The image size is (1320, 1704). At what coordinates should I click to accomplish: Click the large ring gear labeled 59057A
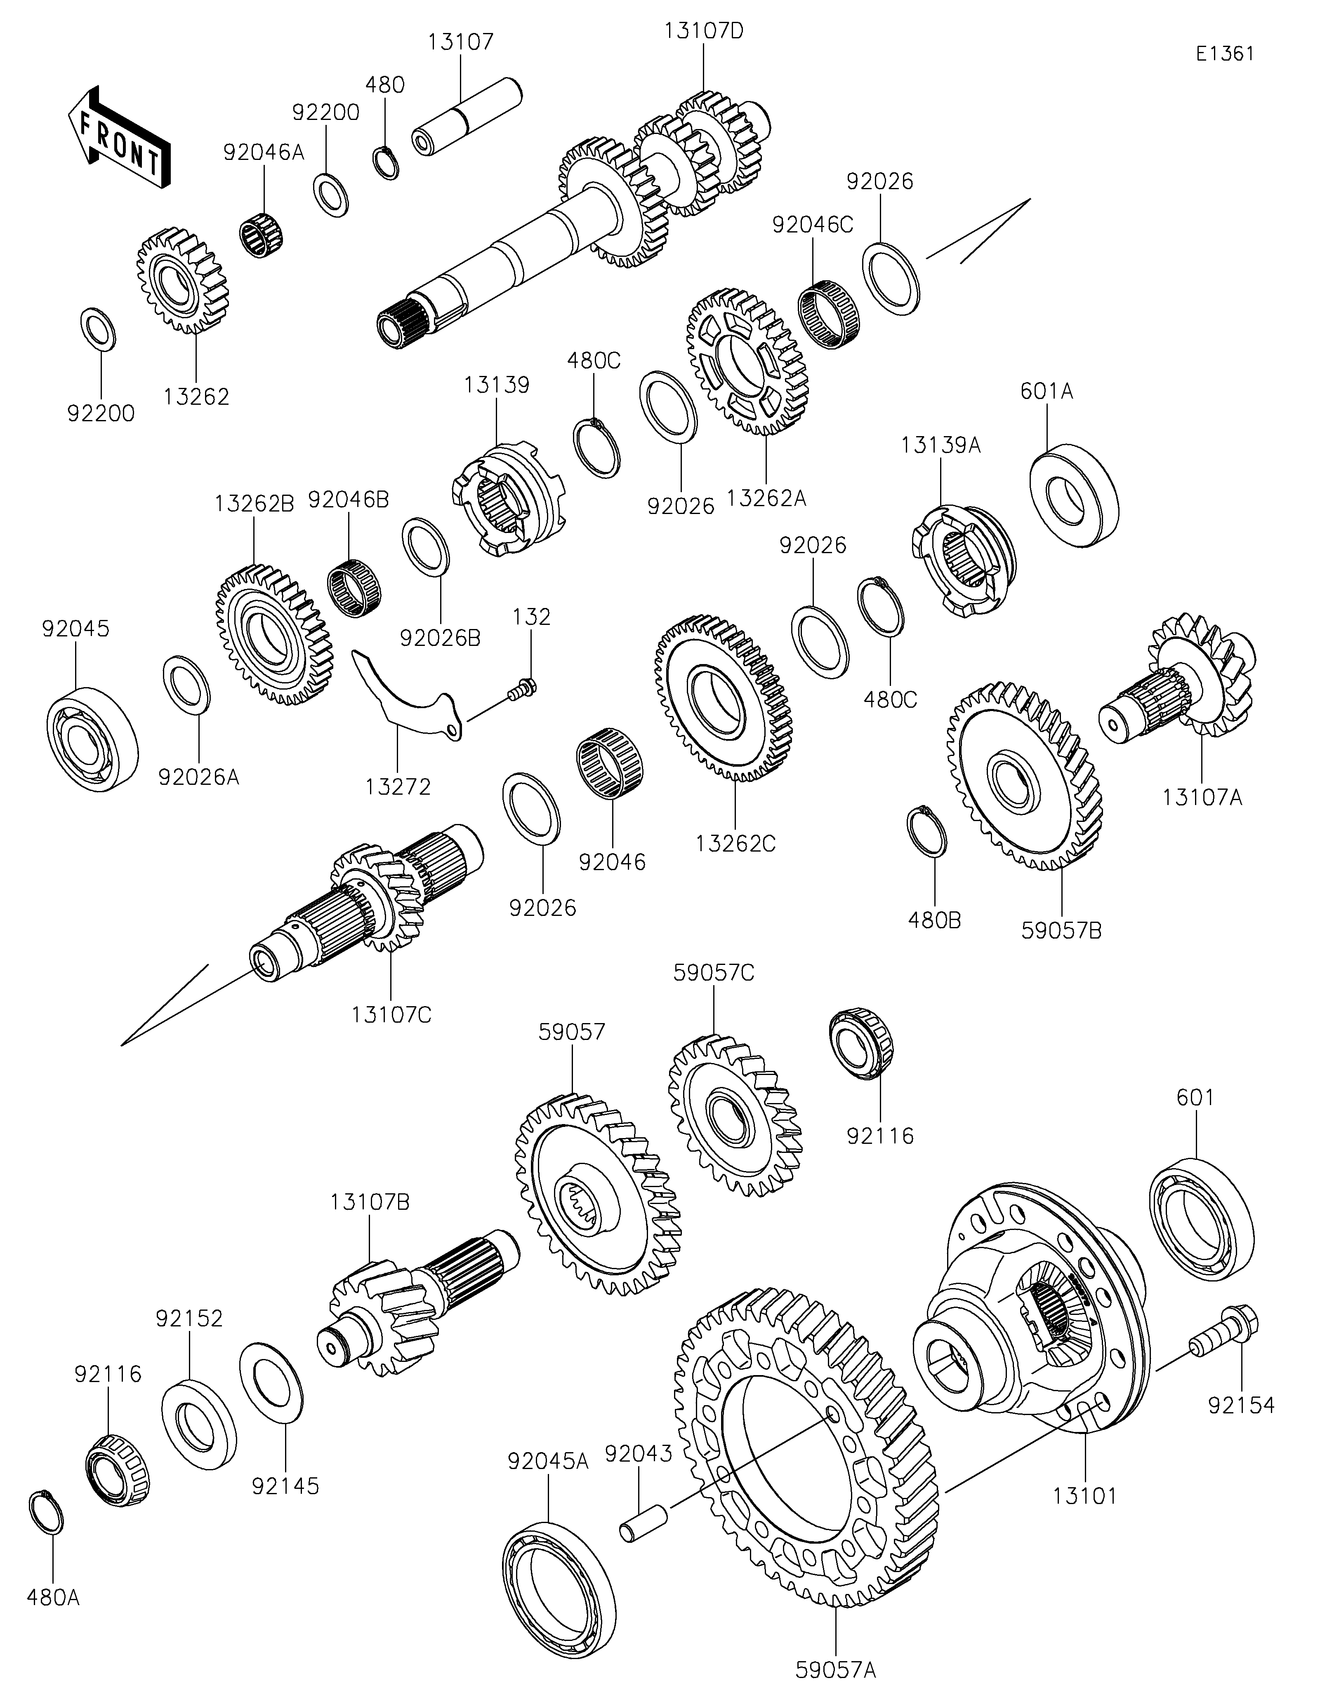coord(808,1443)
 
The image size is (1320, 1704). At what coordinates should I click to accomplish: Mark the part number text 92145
coord(286,1486)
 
